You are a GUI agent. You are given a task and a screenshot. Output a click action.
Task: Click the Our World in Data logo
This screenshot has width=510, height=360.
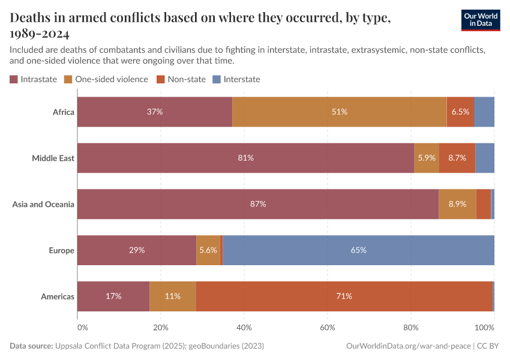click(481, 20)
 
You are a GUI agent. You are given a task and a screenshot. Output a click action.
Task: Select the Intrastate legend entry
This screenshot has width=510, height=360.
click(34, 79)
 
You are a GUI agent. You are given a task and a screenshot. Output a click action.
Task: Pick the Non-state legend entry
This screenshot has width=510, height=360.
click(181, 79)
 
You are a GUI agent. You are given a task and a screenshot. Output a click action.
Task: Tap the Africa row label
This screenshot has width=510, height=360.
click(63, 112)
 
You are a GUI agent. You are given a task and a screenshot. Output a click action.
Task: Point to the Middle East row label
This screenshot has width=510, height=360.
click(53, 158)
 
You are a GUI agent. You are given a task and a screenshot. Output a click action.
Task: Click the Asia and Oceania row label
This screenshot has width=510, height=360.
click(43, 205)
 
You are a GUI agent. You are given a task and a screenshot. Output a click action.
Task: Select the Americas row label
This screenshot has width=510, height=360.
click(58, 296)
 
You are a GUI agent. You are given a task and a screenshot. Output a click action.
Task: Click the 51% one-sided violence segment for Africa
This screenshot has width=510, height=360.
click(339, 112)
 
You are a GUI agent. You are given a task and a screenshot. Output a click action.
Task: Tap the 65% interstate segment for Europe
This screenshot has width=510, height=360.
click(358, 250)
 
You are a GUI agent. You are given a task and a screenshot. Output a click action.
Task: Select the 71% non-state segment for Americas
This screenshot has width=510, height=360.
click(344, 296)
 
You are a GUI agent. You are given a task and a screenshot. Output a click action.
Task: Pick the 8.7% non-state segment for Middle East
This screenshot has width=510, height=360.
click(457, 158)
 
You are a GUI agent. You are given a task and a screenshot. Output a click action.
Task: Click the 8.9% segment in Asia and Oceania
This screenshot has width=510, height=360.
click(457, 205)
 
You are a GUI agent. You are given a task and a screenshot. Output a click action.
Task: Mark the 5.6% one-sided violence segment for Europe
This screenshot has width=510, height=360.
click(208, 250)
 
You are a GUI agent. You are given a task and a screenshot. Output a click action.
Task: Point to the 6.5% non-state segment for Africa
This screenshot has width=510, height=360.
click(460, 112)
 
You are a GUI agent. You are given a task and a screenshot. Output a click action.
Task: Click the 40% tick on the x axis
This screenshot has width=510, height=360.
click(244, 328)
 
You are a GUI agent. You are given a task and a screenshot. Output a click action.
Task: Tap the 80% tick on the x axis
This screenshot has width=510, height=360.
click(410, 328)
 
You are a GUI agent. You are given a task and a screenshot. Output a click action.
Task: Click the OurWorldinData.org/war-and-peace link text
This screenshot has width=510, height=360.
click(409, 346)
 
